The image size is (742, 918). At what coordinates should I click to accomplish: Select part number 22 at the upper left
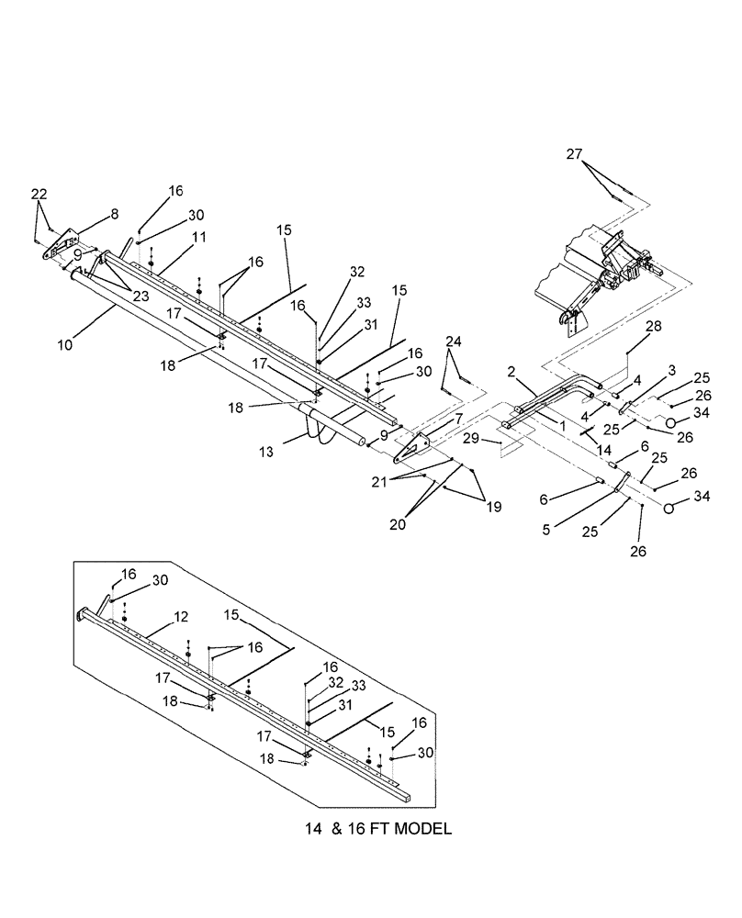pos(38,194)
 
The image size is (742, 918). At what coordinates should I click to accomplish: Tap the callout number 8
pos(115,214)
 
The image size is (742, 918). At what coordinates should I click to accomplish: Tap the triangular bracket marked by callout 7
pos(410,450)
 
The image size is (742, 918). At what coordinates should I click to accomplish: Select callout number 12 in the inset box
pos(183,618)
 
